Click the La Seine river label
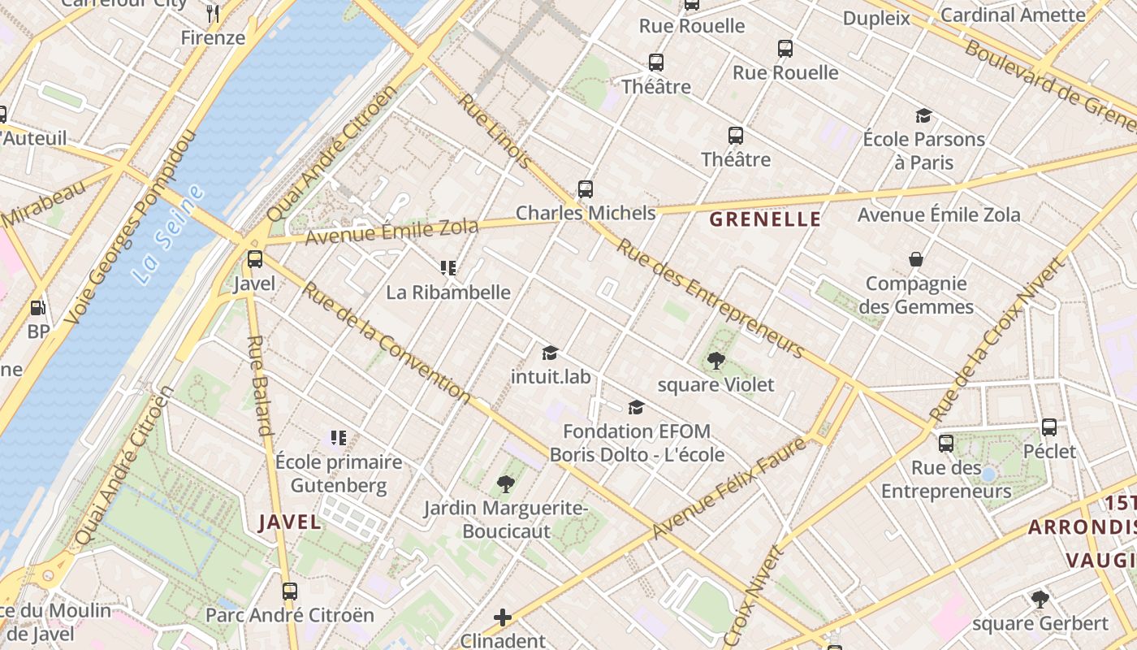pyautogui.click(x=168, y=234)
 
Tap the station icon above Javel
pyautogui.click(x=255, y=259)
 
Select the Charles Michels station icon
pyautogui.click(x=586, y=189)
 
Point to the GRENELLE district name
pyautogui.click(x=765, y=219)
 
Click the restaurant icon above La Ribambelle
pyautogui.click(x=447, y=267)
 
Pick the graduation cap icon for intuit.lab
pyautogui.click(x=551, y=353)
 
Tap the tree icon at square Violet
pyautogui.click(x=715, y=360)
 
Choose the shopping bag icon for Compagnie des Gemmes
pyautogui.click(x=916, y=259)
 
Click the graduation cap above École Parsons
pyautogui.click(x=923, y=115)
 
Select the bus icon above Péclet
pyautogui.click(x=1049, y=427)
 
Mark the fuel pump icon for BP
pyautogui.click(x=37, y=308)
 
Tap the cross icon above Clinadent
pyautogui.click(x=503, y=617)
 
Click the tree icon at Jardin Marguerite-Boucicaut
pyautogui.click(x=506, y=484)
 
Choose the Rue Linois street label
pyautogui.click(x=495, y=132)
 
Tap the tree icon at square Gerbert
pyautogui.click(x=1040, y=600)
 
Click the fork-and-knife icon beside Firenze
pyautogui.click(x=213, y=13)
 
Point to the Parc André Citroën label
pyautogui.click(x=290, y=614)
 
